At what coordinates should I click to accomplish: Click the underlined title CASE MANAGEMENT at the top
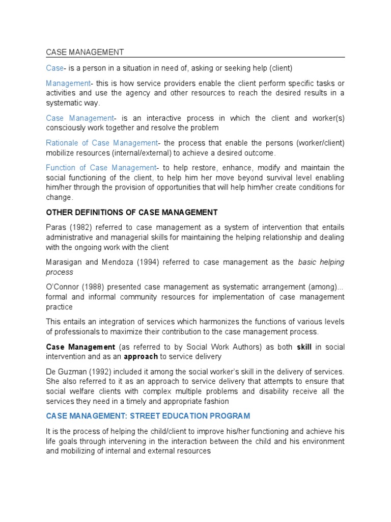coord(85,52)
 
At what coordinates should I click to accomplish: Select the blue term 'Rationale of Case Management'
coord(102,143)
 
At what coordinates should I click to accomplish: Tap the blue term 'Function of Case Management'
coord(101,168)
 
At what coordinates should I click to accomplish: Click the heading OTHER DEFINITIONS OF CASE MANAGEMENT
coord(132,212)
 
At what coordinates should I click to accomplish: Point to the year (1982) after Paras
coord(78,228)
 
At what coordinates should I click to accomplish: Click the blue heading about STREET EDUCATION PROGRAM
coord(148,416)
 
